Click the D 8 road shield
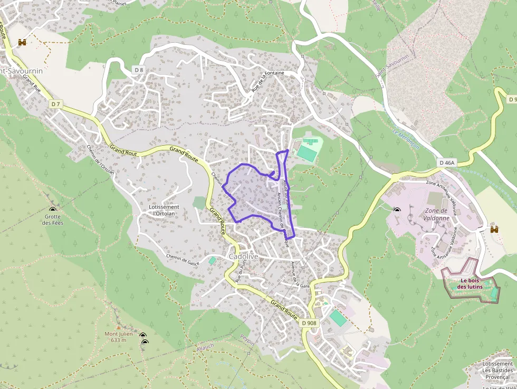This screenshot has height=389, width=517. tap(139, 70)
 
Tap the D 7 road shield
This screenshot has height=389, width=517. tap(56, 105)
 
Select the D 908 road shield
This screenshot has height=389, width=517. tap(309, 322)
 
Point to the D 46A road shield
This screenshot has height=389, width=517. tap(446, 163)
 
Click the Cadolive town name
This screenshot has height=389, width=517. tap(243, 257)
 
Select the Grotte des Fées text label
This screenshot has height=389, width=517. tap(53, 220)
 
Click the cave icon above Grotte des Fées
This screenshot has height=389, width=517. tap(53, 209)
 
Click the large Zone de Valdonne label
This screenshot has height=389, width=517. tap(436, 214)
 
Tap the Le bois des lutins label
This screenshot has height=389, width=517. tap(470, 283)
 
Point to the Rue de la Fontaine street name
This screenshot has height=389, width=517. tap(267, 81)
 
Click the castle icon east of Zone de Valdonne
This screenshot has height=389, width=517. tap(494, 229)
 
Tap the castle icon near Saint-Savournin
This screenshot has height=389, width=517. tap(22, 42)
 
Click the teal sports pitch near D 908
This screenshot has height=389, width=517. tap(338, 317)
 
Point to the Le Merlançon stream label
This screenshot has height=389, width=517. tap(406, 138)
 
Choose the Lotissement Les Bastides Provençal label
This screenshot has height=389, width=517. tap(497, 371)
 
